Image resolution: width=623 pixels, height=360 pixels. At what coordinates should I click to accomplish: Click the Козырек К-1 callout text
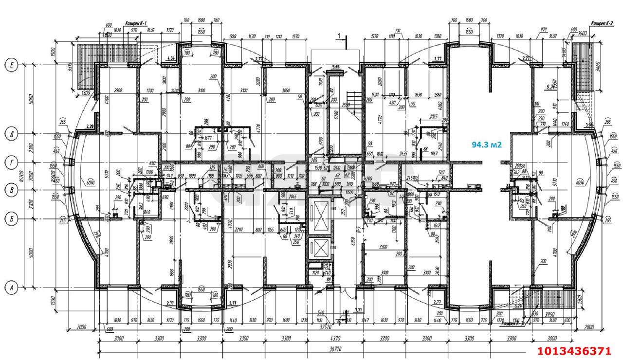tap(136, 23)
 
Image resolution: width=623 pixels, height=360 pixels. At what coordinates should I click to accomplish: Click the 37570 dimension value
tap(333, 327)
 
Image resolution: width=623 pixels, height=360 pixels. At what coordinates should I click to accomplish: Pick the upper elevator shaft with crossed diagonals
tap(320, 215)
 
